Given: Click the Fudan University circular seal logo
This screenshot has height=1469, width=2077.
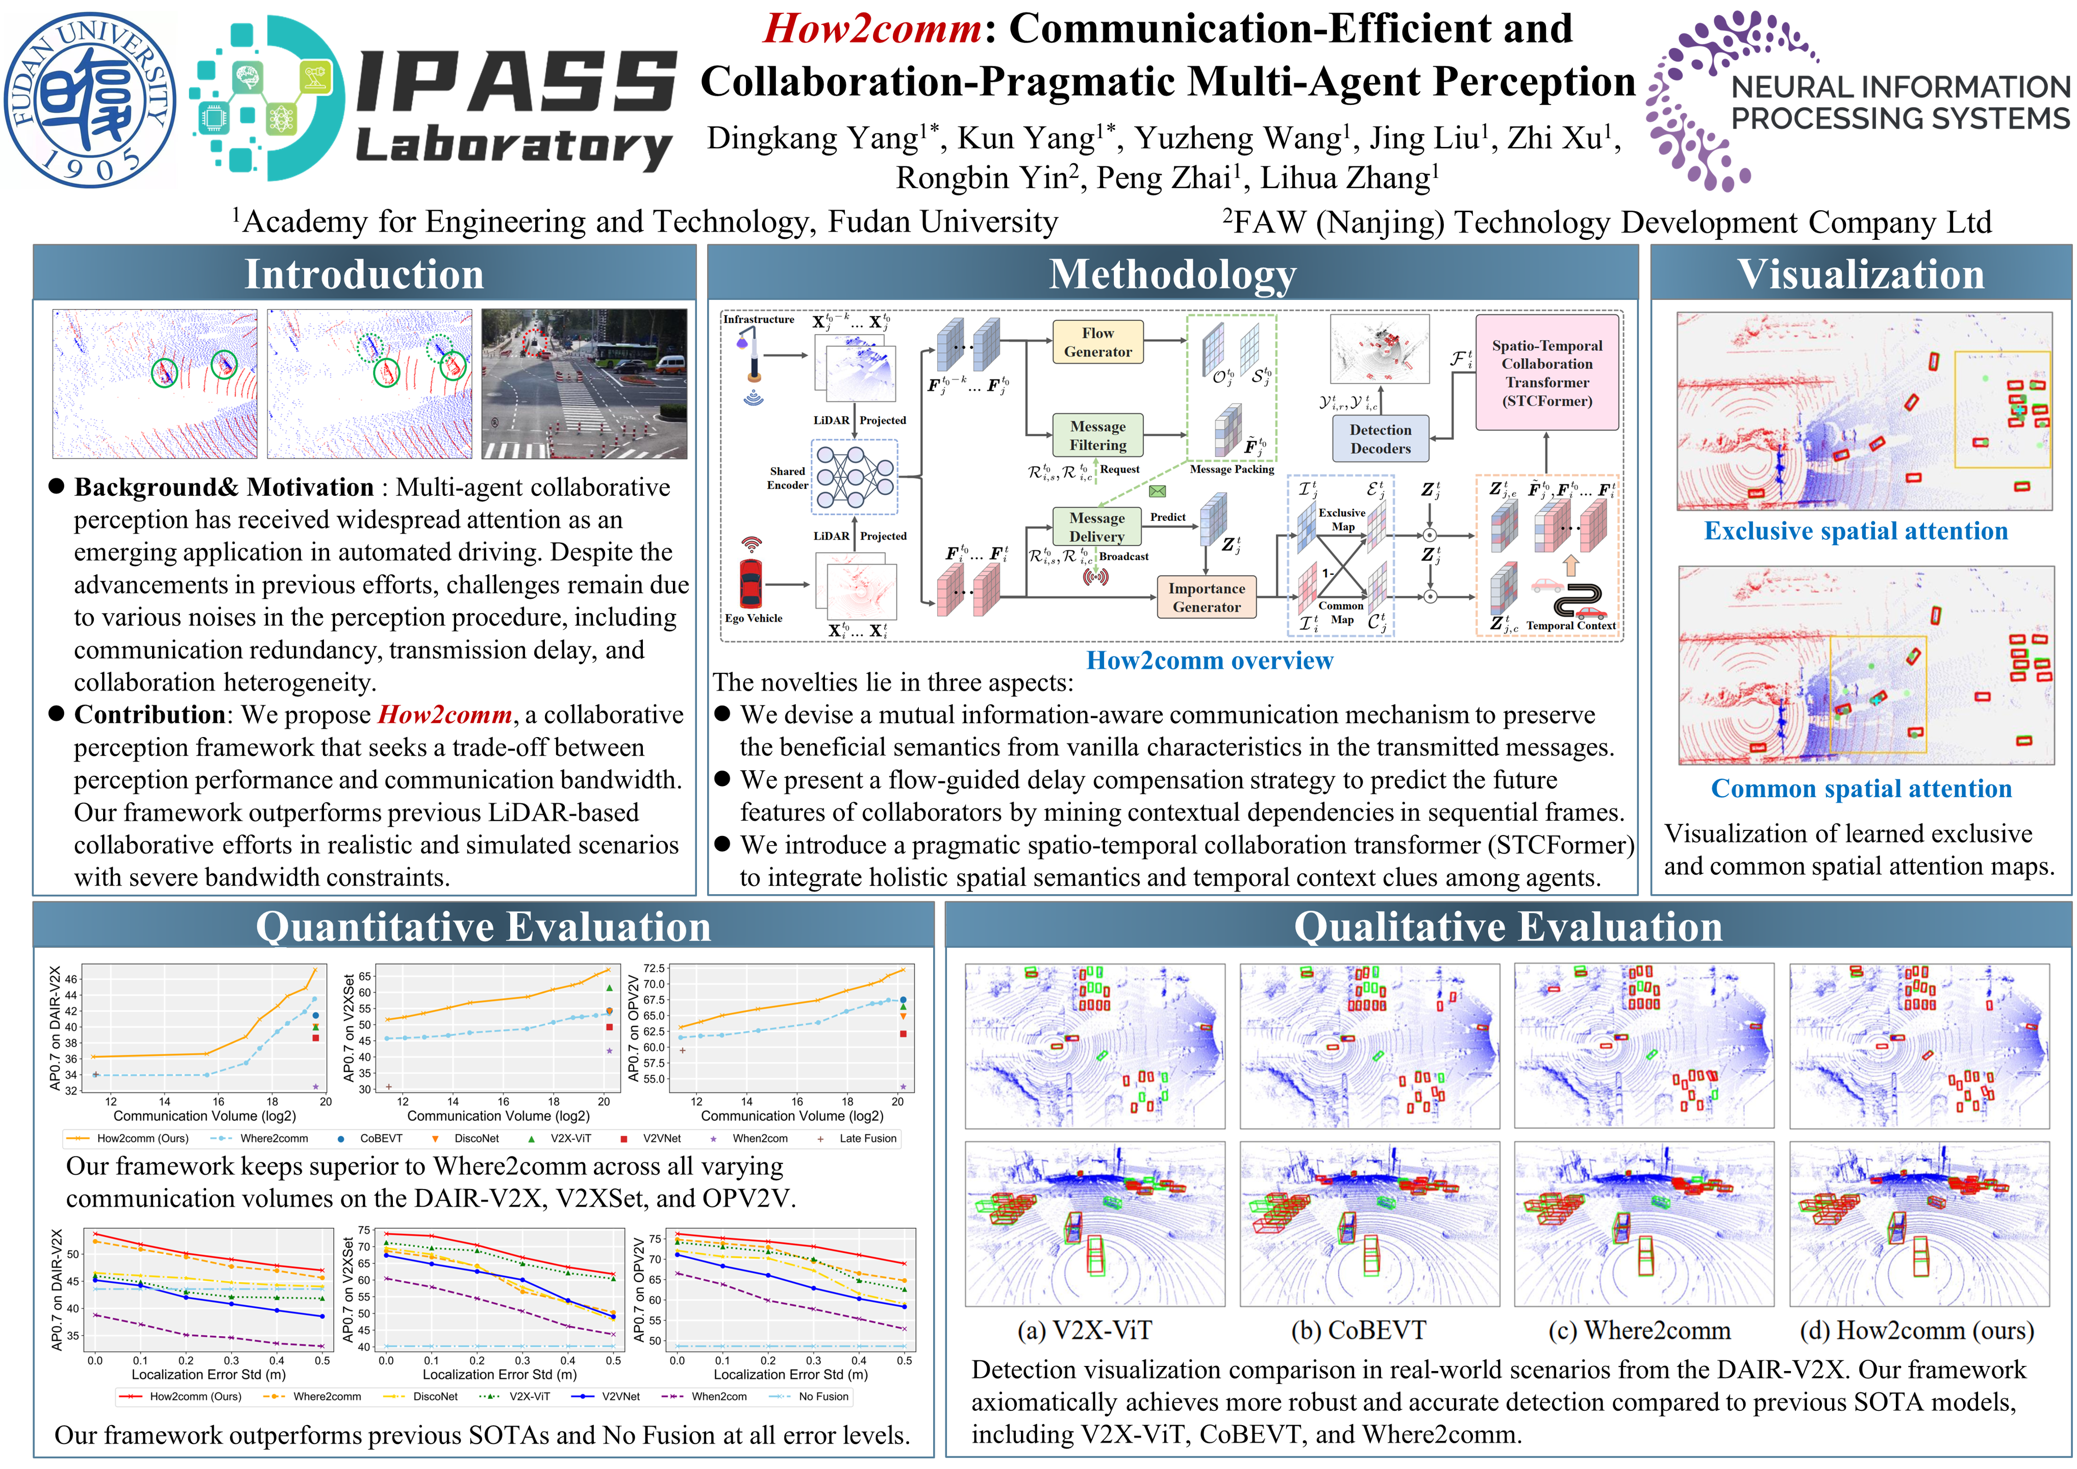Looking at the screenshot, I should point(90,99).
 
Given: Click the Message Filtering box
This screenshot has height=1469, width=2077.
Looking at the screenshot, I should point(1097,435).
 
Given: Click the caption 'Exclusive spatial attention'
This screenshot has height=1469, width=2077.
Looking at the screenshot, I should point(1856,531).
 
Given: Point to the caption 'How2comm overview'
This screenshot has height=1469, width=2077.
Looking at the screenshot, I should point(1210,661).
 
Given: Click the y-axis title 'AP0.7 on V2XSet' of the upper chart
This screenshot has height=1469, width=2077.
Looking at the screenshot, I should point(349,1028).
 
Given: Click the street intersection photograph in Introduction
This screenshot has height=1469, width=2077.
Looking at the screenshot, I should point(584,384).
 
